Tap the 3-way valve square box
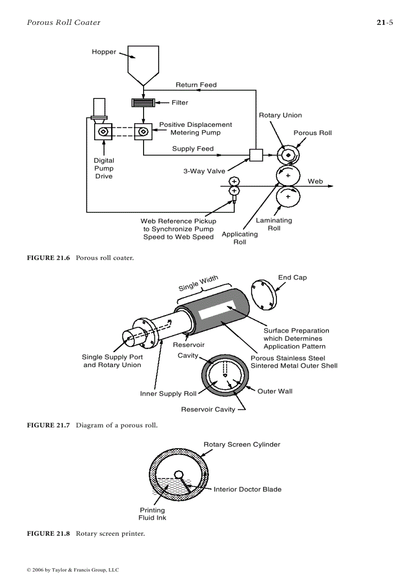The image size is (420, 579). (256, 155)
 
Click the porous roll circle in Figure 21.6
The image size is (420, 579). (288, 155)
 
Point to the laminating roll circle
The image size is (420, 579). (288, 196)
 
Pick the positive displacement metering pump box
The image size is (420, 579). (143, 131)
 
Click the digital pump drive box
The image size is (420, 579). (103, 131)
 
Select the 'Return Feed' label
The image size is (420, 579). (196, 85)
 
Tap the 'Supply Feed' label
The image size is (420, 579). (192, 149)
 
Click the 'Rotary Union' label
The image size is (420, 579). (280, 115)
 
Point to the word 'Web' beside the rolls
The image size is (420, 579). (315, 181)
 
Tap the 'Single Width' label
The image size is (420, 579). (198, 284)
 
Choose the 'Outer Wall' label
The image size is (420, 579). (275, 391)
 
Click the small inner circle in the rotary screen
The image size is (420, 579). (179, 474)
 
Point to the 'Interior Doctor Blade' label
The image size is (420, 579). (248, 489)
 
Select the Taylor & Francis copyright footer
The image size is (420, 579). (73, 570)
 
